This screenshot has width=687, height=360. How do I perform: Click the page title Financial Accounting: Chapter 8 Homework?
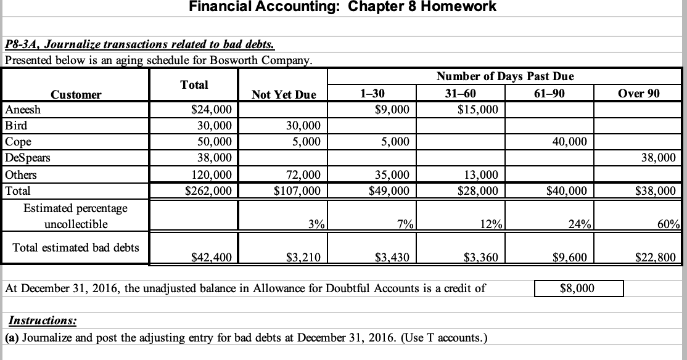click(x=342, y=7)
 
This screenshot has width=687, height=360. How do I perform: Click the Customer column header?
click(x=76, y=95)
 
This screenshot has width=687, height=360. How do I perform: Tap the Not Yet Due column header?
click(x=284, y=95)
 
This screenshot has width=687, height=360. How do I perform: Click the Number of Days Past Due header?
click(x=504, y=76)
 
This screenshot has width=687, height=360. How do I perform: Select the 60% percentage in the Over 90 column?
click(x=668, y=224)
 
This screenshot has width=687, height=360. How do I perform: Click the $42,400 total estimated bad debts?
click(x=212, y=258)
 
